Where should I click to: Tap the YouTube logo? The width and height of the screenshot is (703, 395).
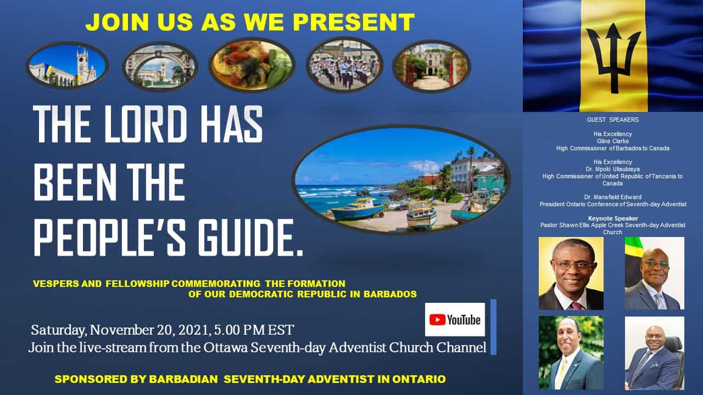pos(455,319)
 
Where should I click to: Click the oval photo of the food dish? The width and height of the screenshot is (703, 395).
pos(252,65)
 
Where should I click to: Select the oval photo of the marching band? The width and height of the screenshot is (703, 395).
pos(344,65)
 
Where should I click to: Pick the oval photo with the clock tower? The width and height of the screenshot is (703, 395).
pos(68,65)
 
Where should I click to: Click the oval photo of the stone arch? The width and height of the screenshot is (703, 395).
pos(160,66)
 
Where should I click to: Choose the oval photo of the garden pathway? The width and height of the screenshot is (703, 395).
pos(432,66)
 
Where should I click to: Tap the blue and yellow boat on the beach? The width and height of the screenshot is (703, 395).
pos(358,209)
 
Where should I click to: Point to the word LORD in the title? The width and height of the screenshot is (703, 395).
pos(146,124)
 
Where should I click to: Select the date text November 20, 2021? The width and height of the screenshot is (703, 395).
pos(149,330)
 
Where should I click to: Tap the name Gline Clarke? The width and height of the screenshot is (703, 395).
pos(612,141)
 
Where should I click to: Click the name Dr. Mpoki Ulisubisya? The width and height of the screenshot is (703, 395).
pos(612,169)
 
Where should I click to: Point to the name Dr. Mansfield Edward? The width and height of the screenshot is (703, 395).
pos(612,197)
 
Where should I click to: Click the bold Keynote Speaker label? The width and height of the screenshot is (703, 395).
pos(612,218)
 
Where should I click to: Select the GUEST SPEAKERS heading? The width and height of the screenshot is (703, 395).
pos(612,120)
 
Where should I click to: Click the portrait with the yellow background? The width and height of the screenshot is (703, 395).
pos(571,273)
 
